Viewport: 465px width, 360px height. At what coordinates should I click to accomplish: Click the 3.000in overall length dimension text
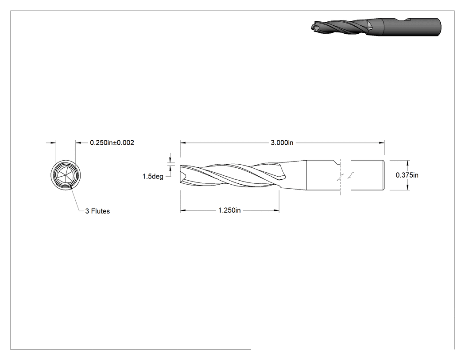pyautogui.click(x=282, y=142)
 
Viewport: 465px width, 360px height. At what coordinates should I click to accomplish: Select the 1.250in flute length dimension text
pyautogui.click(x=229, y=210)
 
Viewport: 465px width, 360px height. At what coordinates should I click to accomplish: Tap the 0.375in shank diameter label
pyautogui.click(x=407, y=175)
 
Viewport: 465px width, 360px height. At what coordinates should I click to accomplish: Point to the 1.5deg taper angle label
pyautogui.click(x=153, y=177)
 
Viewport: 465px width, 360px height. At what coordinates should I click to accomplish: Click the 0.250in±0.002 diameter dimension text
pyautogui.click(x=112, y=142)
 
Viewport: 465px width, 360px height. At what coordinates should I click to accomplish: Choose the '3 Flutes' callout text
pyautogui.click(x=97, y=211)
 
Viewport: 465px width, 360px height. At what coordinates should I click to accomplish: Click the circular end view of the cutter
pyautogui.click(x=66, y=175)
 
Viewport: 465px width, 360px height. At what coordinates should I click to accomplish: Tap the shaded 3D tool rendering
pyautogui.click(x=376, y=27)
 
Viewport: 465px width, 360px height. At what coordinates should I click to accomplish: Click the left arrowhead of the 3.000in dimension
pyautogui.click(x=182, y=142)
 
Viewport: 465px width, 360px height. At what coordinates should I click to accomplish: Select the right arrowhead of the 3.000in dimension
pyautogui.click(x=382, y=142)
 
